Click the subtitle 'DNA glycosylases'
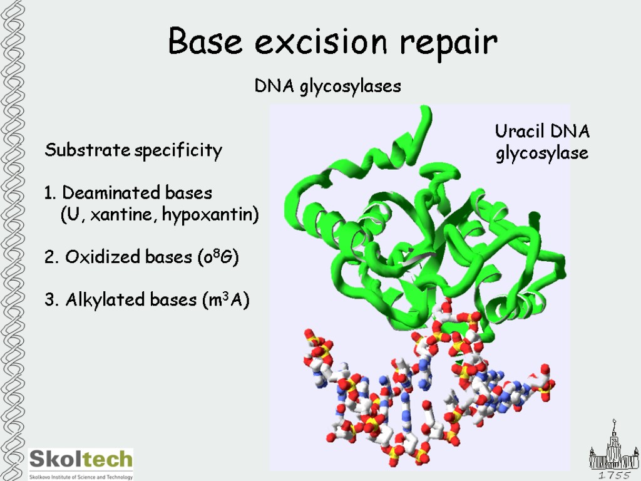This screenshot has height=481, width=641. click(x=327, y=86)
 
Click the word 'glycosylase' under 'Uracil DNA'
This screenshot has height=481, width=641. click(x=542, y=153)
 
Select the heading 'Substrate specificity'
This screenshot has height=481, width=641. click(x=133, y=151)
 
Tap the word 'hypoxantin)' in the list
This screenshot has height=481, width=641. click(x=210, y=215)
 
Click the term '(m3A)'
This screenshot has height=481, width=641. click(x=226, y=300)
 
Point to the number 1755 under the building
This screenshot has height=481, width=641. click(x=614, y=476)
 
